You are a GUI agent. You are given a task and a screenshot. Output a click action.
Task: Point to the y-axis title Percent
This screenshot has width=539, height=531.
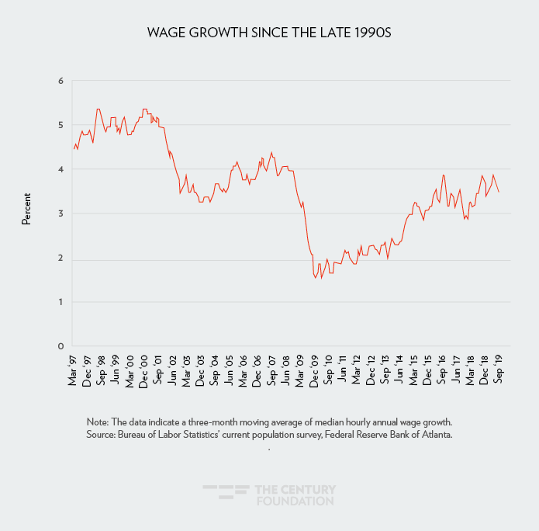coord(26,210)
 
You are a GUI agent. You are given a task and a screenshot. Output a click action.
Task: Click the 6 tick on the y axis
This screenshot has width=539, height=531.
coord(60,80)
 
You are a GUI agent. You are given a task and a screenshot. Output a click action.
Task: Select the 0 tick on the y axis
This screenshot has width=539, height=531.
coord(60,346)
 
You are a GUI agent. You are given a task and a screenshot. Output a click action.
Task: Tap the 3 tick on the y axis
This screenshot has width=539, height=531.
coord(60,213)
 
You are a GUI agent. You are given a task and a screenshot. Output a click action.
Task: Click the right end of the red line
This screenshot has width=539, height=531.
coord(499,192)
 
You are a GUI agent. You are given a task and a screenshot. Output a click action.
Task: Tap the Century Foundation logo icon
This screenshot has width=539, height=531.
coord(225,495)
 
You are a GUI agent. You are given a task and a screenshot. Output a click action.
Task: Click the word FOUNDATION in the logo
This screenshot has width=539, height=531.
coord(295,501)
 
